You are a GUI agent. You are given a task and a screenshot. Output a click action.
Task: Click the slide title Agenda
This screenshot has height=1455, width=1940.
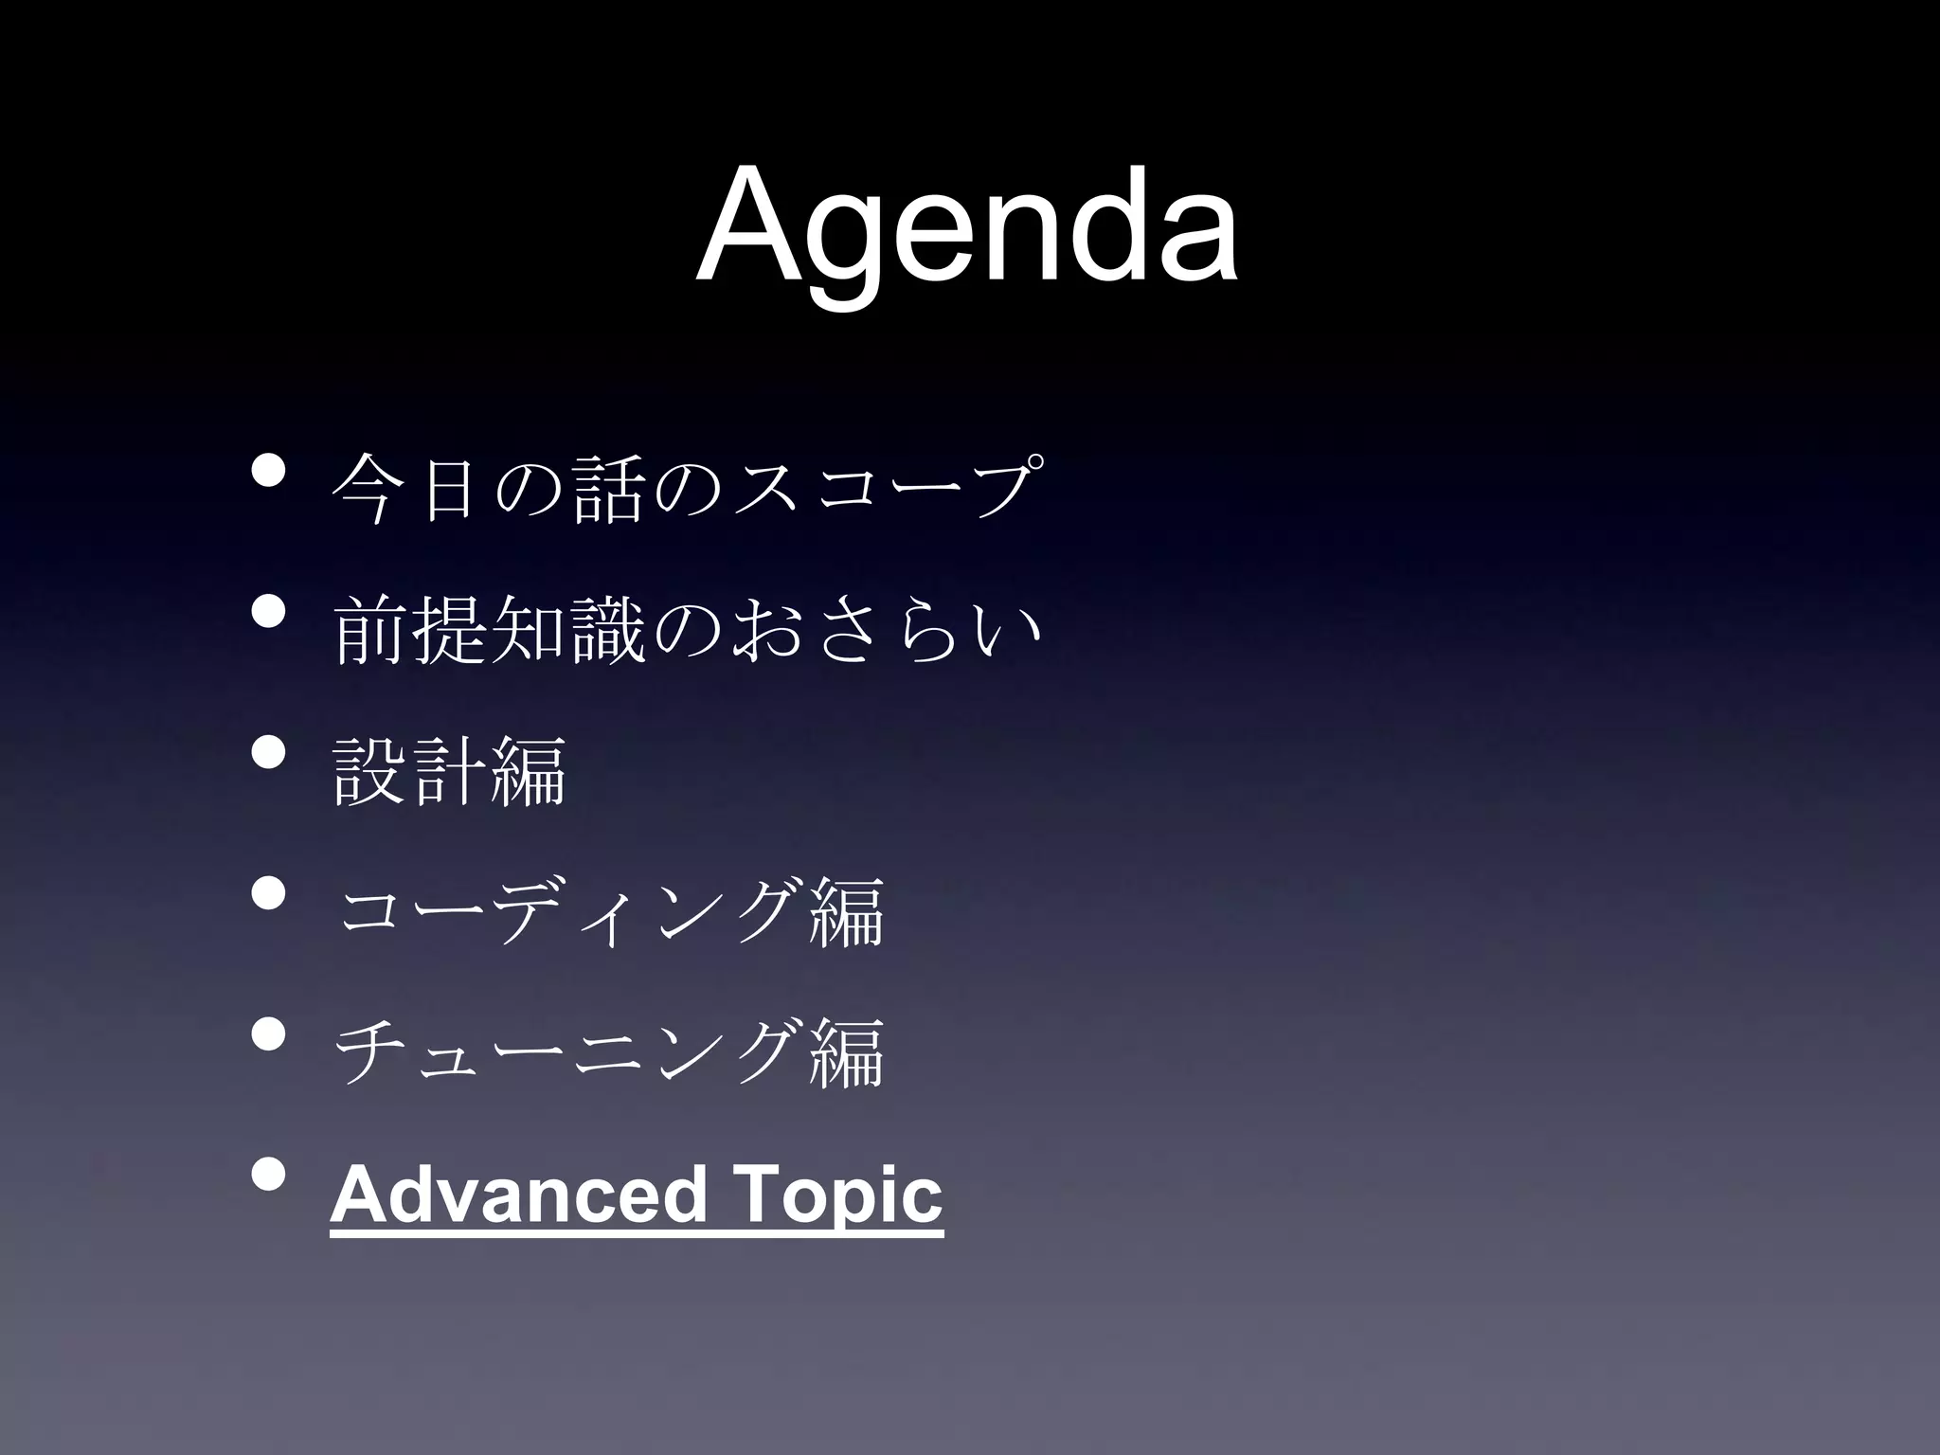pyautogui.click(x=966, y=227)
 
